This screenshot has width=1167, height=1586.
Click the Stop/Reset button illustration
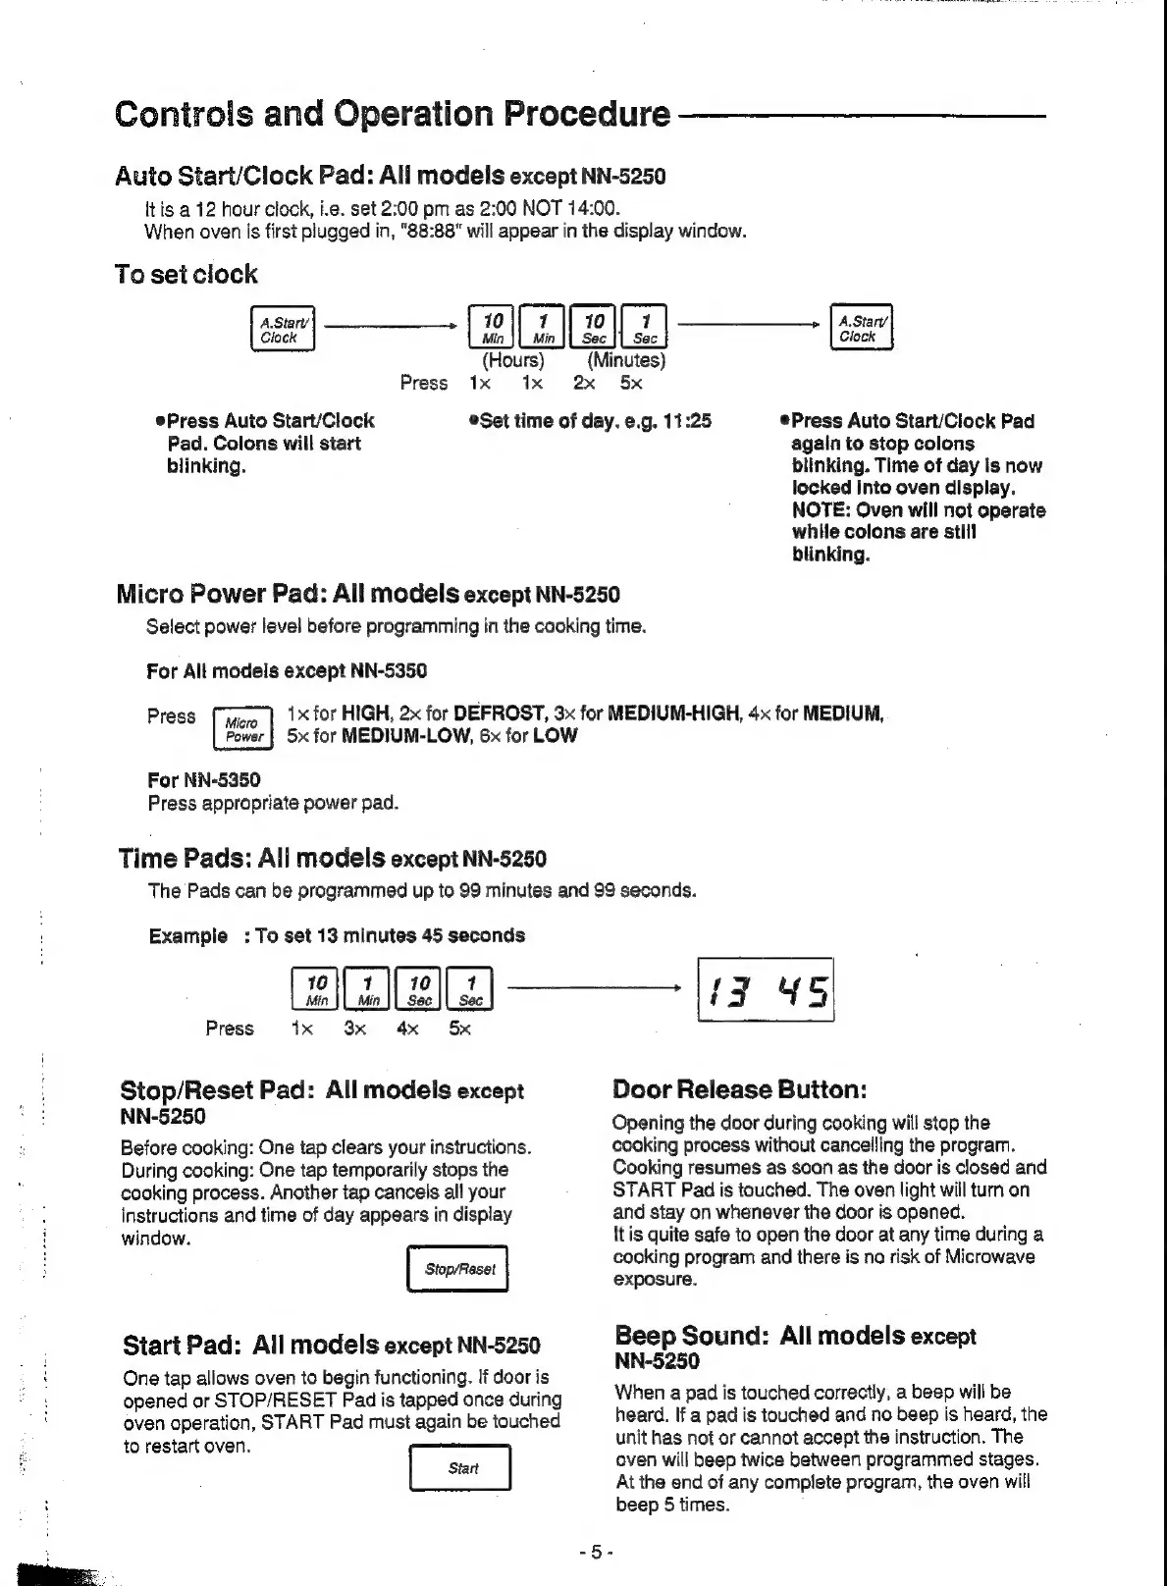pyautogui.click(x=458, y=1269)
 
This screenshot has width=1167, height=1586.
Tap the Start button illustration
pyautogui.click(x=460, y=1468)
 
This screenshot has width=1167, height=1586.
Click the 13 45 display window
pyautogui.click(x=766, y=989)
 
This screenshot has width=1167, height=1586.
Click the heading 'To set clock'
pyautogui.click(x=186, y=275)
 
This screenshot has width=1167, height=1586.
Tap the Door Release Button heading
pyautogui.click(x=739, y=1090)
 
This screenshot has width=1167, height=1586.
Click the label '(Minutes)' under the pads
pyautogui.click(x=626, y=359)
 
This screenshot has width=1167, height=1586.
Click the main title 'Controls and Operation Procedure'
pyautogui.click(x=393, y=115)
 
